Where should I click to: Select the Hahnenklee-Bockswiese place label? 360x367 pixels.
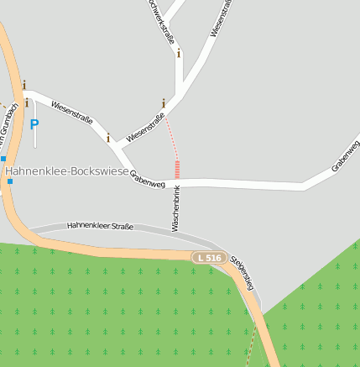[67, 171]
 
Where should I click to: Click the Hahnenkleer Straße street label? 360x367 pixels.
[100, 226]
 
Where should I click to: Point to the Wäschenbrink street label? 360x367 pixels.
[176, 208]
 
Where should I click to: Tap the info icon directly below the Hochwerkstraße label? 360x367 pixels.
[179, 53]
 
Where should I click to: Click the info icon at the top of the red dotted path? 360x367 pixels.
[163, 102]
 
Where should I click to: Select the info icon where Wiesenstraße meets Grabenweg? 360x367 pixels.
[108, 137]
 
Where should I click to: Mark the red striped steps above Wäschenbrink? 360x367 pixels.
[177, 168]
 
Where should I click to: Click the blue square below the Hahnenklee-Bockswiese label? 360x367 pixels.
[10, 181]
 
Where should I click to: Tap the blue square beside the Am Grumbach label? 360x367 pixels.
[3, 158]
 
